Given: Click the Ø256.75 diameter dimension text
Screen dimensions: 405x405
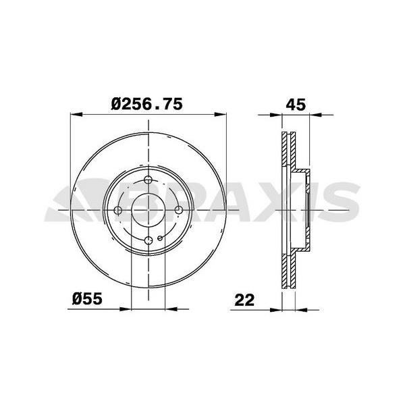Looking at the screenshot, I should click(x=147, y=105).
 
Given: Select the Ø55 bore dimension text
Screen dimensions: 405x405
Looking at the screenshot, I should click(x=87, y=298).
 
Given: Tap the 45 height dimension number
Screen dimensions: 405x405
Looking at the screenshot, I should click(x=296, y=105).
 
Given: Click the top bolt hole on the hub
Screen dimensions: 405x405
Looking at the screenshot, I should click(x=149, y=180).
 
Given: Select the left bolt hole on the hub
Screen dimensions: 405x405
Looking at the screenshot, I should click(x=119, y=210).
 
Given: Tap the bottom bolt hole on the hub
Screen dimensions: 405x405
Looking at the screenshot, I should click(x=149, y=240).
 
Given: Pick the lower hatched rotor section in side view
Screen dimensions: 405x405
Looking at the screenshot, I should click(x=288, y=270).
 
